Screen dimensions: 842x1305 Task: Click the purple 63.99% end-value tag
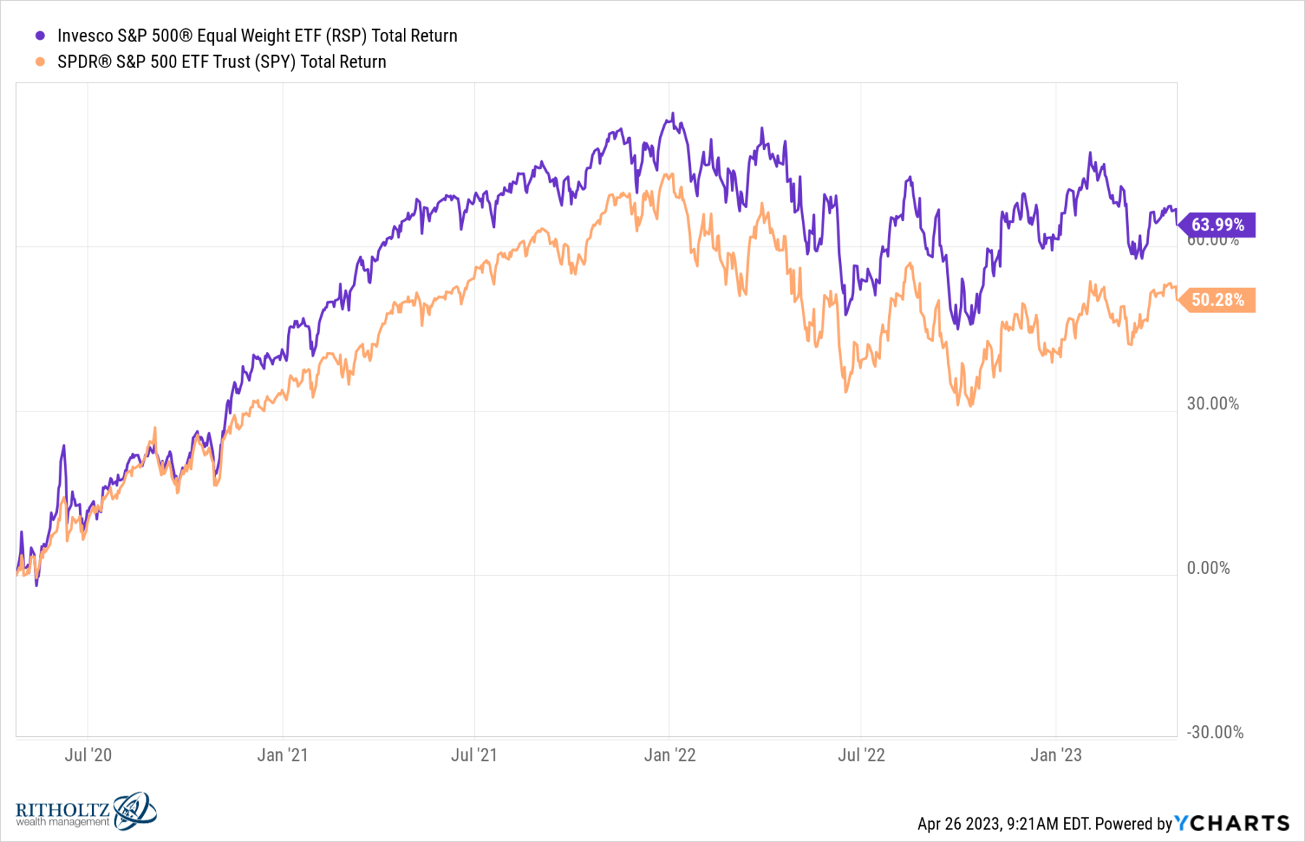(1217, 225)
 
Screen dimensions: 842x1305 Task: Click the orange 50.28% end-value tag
(1217, 300)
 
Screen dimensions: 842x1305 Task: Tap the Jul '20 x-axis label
(88, 755)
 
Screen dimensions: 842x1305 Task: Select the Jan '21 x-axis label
(282, 755)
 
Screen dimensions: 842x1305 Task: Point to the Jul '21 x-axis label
(474, 755)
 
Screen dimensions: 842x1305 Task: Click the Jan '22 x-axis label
(669, 755)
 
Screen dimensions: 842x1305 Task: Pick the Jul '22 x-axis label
(861, 755)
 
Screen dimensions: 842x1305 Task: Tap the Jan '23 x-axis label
(1056, 755)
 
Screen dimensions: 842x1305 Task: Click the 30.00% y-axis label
(1212, 404)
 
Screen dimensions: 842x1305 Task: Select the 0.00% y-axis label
(1208, 568)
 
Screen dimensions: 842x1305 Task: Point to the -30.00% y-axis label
(1214, 733)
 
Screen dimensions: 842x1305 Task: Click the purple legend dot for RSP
(41, 36)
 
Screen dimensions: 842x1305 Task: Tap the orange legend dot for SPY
(41, 62)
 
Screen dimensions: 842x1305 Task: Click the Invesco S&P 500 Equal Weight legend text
(257, 36)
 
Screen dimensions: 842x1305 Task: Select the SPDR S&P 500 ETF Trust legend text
(222, 62)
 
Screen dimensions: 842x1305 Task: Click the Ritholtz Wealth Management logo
(86, 811)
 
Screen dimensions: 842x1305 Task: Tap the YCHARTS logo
(1232, 823)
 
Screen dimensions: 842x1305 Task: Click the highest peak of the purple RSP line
(673, 114)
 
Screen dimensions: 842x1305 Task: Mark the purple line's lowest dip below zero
(36, 584)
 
